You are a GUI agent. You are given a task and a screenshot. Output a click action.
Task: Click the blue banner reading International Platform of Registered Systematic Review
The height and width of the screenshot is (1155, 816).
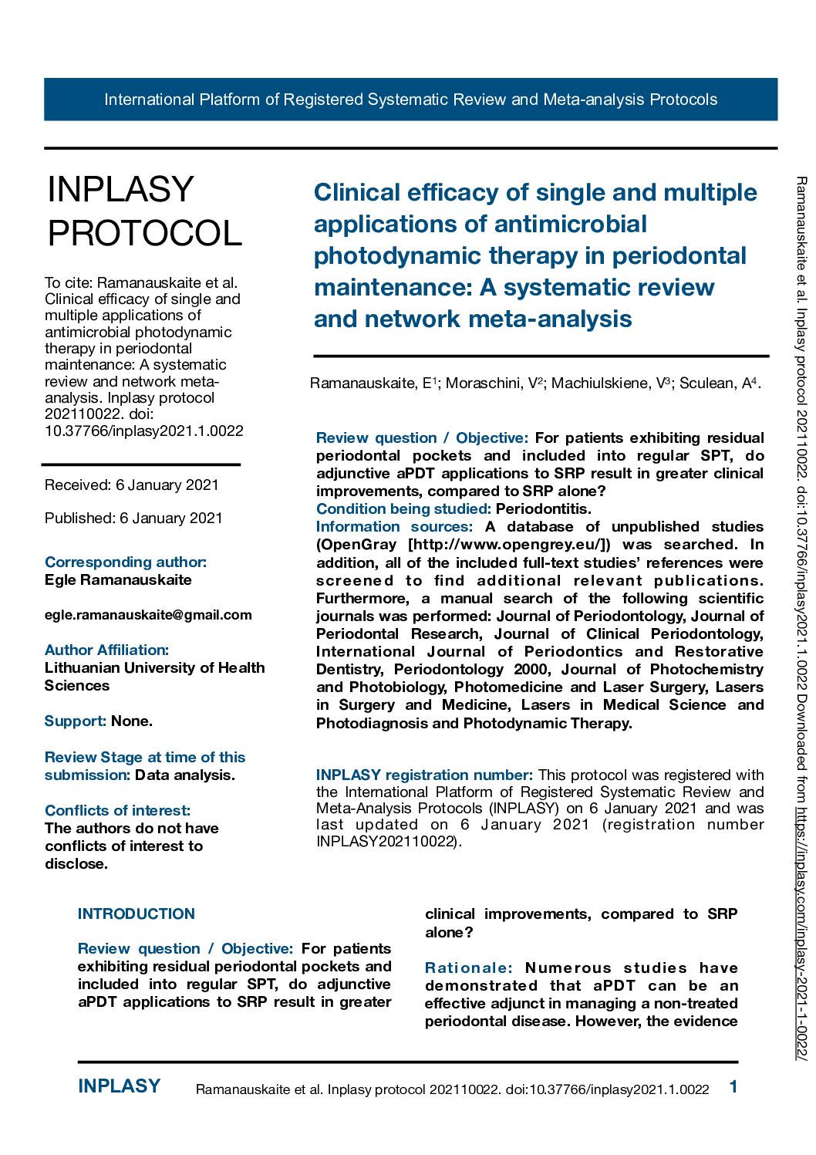tap(410, 100)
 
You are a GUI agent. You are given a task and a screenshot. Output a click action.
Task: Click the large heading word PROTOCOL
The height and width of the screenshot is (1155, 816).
tap(145, 233)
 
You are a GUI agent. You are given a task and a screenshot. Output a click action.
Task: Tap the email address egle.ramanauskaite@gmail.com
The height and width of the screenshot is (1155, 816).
tap(148, 615)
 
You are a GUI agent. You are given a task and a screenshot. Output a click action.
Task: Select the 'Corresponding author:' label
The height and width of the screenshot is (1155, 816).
tap(126, 562)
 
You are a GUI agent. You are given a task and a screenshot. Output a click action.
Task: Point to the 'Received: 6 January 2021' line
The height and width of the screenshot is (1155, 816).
tap(132, 485)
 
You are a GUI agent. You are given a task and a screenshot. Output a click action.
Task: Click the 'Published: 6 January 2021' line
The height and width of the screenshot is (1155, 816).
tap(133, 518)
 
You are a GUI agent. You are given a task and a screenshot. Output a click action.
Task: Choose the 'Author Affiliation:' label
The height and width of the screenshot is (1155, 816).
tap(106, 650)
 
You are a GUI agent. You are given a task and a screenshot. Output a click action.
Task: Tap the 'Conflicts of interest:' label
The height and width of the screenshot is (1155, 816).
tap(117, 810)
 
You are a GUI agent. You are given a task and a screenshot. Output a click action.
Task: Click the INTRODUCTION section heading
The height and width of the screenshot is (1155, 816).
tap(137, 914)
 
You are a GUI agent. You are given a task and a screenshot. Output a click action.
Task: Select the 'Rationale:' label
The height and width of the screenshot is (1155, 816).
tap(469, 968)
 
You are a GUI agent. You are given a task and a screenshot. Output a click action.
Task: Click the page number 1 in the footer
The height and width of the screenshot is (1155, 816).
tap(733, 1087)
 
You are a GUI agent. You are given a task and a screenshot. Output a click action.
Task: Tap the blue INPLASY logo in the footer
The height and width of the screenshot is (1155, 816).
tap(120, 1086)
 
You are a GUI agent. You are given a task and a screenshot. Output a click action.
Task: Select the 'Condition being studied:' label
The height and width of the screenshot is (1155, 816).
tap(403, 508)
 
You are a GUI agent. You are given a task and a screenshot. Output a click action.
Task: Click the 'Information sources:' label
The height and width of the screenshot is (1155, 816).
tap(394, 526)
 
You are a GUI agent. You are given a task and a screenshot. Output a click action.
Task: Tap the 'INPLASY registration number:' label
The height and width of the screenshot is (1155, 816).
tap(424, 775)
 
